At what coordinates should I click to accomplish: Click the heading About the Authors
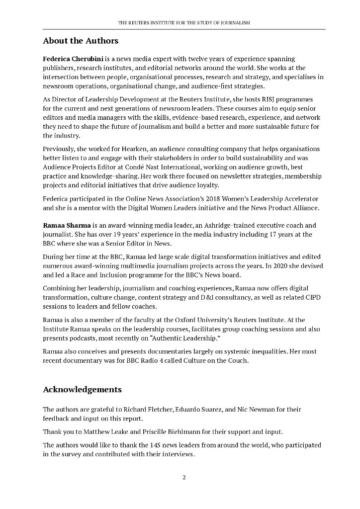[81, 41]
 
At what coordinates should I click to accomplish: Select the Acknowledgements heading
[82, 389]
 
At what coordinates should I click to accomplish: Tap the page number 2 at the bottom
[184, 478]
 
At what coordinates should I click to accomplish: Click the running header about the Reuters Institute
[183, 23]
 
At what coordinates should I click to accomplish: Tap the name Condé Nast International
[177, 167]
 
